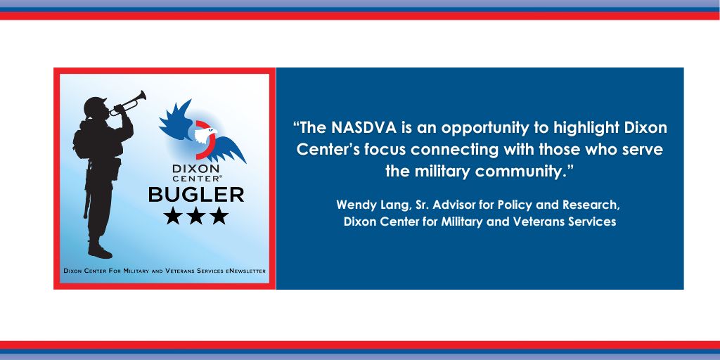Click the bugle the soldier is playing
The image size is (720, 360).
point(128,103)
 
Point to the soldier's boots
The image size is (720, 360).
point(99,250)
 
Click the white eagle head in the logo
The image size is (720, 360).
point(205,135)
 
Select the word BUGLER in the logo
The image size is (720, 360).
point(196,195)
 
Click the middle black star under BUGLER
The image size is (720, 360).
point(196,216)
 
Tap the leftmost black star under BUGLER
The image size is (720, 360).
point(173,216)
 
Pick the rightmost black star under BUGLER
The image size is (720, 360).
point(219,216)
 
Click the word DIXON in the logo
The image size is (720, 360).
point(196,168)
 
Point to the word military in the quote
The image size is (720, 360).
point(443,172)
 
